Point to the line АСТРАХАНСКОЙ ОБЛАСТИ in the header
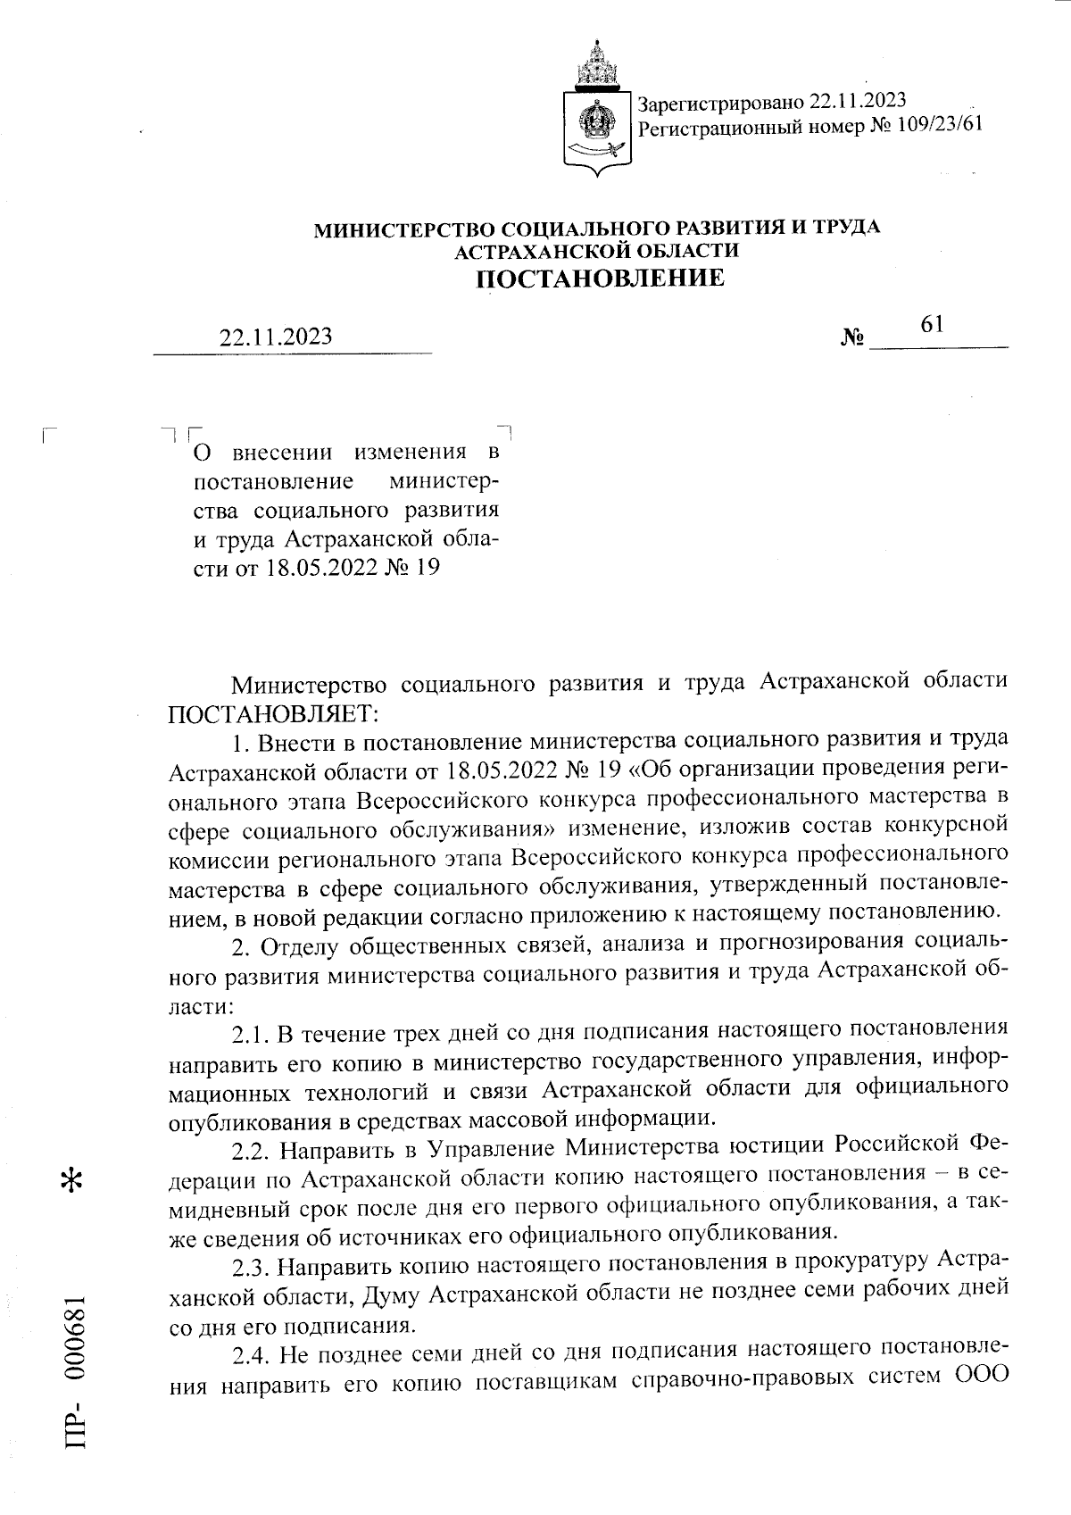tap(597, 251)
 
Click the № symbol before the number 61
tap(853, 339)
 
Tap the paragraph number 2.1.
tap(249, 1036)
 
